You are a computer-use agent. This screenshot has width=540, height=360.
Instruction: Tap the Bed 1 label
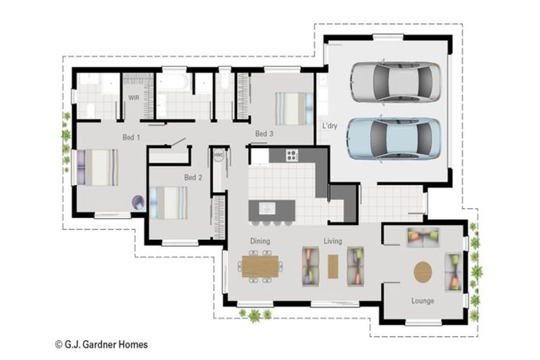point(131,137)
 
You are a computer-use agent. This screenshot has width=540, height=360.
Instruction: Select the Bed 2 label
point(193,177)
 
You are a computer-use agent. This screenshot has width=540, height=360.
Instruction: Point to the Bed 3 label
point(264,134)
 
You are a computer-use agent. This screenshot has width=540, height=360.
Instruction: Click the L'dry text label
point(330,126)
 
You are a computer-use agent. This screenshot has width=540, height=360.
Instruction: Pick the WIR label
point(134,98)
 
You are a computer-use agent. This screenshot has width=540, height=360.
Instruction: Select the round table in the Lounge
point(423,272)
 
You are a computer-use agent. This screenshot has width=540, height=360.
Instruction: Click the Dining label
point(260,241)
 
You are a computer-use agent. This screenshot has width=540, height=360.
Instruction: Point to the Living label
point(333,241)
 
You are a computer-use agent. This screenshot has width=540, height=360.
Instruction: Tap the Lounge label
point(423,301)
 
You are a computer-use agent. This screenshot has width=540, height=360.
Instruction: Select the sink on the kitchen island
point(266,208)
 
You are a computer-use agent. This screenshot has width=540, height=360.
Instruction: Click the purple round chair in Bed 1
point(138,202)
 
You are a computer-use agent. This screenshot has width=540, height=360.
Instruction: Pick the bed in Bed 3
point(290,108)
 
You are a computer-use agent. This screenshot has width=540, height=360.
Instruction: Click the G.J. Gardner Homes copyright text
point(101,345)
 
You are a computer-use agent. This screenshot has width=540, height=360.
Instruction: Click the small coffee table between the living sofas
point(333,266)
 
